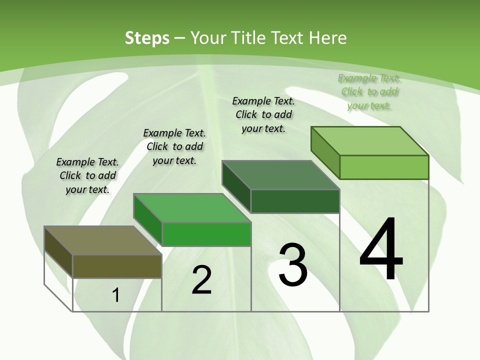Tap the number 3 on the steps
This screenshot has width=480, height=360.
pyautogui.click(x=293, y=264)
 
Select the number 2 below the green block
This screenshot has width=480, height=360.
pyautogui.click(x=201, y=280)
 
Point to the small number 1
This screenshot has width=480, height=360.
pyautogui.click(x=116, y=295)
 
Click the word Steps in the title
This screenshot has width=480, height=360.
pyautogui.click(x=147, y=38)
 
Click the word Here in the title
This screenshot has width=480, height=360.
pyautogui.click(x=328, y=38)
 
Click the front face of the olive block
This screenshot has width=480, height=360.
pyautogui.click(x=117, y=266)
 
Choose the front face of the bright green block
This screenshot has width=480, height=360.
pyautogui.click(x=206, y=234)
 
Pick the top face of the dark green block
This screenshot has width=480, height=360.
pyautogui.click(x=280, y=175)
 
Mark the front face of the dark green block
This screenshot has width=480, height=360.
pyautogui.click(x=295, y=201)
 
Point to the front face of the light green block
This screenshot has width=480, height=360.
pyautogui.click(x=384, y=167)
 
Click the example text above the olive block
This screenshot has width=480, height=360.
pyautogui.click(x=87, y=175)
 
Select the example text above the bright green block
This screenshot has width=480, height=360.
pyautogui.click(x=174, y=146)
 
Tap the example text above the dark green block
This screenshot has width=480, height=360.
pyautogui.click(x=263, y=114)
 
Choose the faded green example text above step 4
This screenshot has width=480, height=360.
pyautogui.click(x=369, y=91)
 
